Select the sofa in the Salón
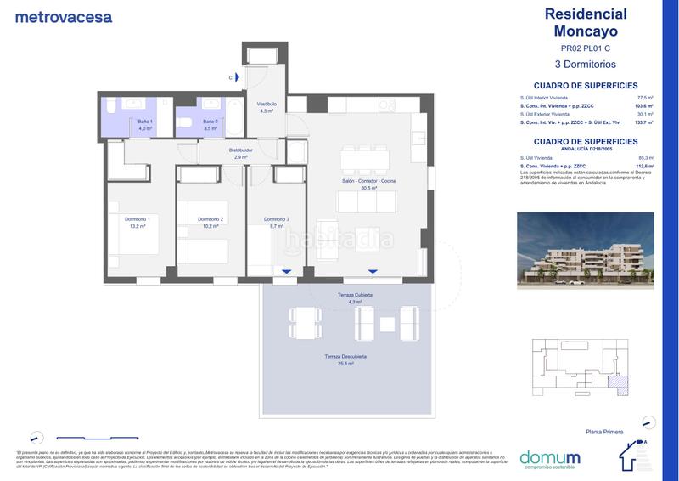click(367, 202)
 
